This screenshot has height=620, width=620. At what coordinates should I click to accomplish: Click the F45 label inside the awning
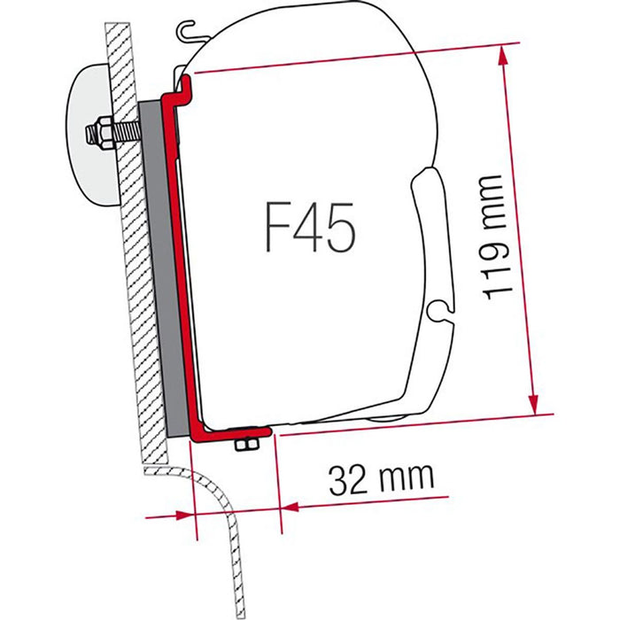pos(310,228)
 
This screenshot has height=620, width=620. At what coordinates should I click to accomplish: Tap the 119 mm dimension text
pos(498,237)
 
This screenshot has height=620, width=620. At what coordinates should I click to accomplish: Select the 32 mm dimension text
pos(381,479)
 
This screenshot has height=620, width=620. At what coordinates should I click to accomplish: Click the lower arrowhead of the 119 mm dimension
pos(533,402)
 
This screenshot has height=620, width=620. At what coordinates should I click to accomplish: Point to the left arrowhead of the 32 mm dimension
pos(183,515)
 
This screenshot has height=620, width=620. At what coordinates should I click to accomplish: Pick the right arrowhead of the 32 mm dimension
pos(291,507)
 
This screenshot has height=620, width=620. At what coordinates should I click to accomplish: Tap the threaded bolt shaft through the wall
pos(126,130)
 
